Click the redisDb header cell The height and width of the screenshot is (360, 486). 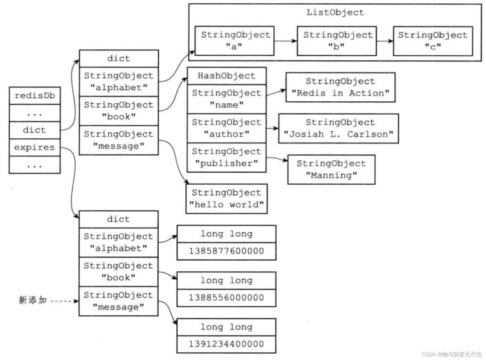34,95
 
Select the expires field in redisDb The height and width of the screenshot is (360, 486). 34,147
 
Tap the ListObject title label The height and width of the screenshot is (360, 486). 335,12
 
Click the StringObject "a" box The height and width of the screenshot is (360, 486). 235,41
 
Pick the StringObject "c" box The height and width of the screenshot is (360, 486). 433,41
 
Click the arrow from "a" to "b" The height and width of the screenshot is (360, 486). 286,41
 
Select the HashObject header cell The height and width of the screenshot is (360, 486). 227,76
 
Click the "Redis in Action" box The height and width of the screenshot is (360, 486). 340,87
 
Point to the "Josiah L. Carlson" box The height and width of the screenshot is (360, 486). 338,128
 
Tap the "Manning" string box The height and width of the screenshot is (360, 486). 331,169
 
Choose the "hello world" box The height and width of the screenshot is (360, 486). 227,198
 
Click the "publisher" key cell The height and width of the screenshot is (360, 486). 227,158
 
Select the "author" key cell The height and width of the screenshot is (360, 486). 227,128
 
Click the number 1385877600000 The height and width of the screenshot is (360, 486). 227,251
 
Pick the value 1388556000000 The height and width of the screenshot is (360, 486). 227,298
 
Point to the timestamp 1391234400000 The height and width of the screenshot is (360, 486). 227,344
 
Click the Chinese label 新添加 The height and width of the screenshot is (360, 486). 32,300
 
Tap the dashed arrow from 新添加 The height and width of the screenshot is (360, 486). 64,301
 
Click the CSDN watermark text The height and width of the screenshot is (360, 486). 452,354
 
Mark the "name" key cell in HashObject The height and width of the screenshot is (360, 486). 227,99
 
